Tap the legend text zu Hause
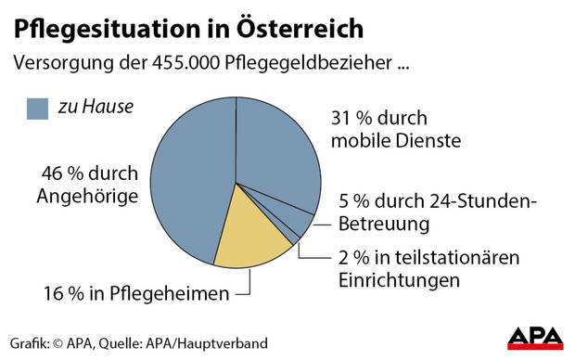click(x=95, y=108)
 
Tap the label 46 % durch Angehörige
click(x=89, y=185)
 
